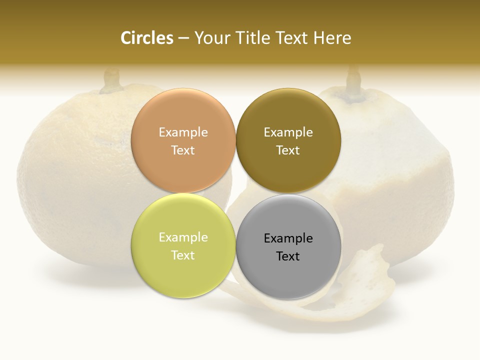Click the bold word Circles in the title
(x=146, y=38)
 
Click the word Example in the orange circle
(x=183, y=132)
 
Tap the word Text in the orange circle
(x=183, y=150)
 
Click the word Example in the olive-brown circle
(x=288, y=132)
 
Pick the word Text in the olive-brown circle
(x=288, y=150)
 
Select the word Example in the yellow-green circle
(x=183, y=237)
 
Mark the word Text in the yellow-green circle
(x=183, y=255)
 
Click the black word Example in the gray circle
(x=288, y=238)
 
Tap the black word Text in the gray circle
(x=288, y=256)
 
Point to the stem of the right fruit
(x=354, y=80)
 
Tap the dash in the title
(x=183, y=38)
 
